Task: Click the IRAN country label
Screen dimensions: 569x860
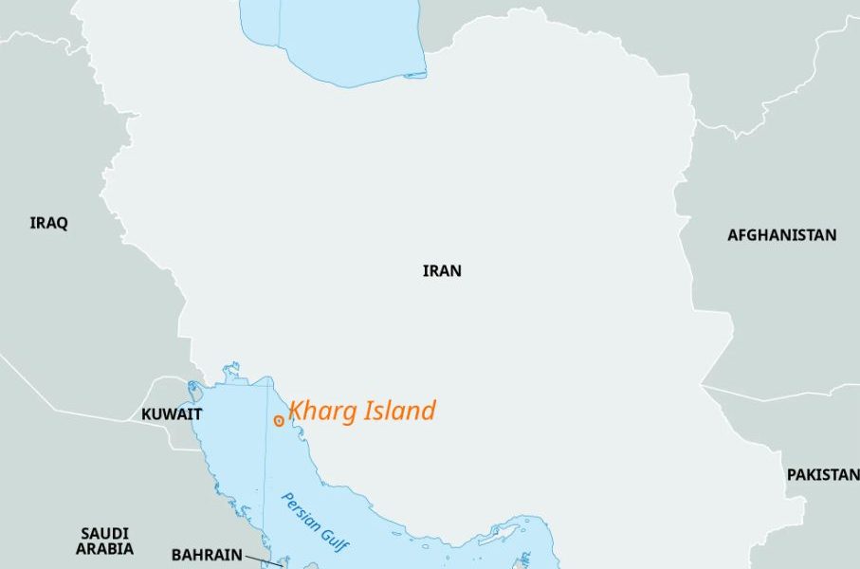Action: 442,271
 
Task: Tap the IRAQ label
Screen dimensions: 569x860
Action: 49,224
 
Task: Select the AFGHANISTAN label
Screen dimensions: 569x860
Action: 781,235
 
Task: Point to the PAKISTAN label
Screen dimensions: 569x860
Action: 822,474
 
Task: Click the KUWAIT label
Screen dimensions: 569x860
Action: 172,414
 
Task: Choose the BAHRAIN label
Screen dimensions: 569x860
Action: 206,555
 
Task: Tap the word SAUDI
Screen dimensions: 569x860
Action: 104,534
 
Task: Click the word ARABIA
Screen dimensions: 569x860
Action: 105,549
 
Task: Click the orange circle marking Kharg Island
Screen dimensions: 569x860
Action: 278,420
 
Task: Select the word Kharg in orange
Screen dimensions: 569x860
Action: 321,411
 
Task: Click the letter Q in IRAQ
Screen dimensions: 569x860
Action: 63,224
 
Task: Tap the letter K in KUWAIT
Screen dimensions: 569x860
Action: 146,414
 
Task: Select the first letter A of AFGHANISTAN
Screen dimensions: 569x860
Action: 732,235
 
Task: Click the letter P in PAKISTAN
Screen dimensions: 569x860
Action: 791,474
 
